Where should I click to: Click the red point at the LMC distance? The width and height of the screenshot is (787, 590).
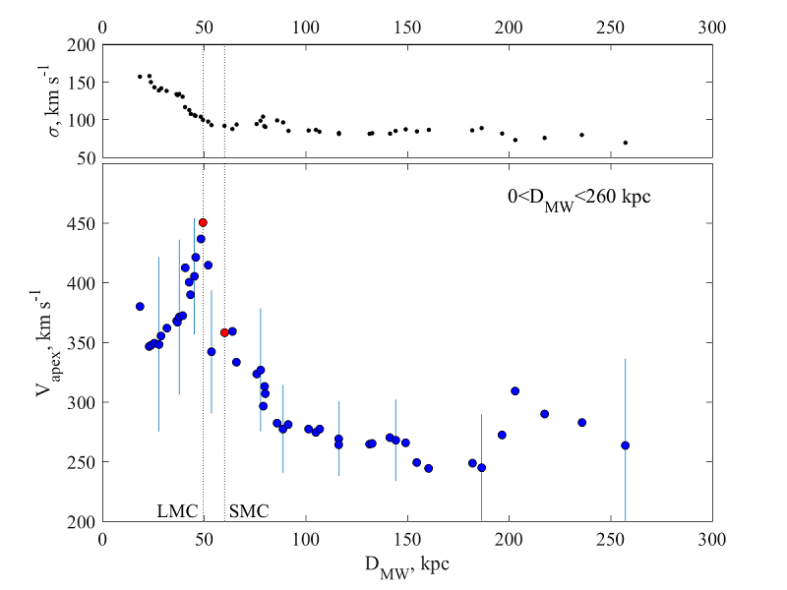point(203,222)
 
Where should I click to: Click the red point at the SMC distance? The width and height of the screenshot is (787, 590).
point(224,332)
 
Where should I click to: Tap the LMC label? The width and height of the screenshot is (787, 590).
point(178,511)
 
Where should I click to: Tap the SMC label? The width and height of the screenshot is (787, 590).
point(249,511)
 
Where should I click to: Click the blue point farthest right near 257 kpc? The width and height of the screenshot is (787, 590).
point(625,445)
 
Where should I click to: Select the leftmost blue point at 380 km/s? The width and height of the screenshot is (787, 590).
point(140,307)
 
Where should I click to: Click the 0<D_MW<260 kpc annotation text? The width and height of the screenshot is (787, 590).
point(574,198)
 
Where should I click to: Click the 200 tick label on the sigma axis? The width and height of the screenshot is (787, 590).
point(82,45)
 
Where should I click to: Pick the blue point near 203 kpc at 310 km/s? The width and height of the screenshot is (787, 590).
point(515,390)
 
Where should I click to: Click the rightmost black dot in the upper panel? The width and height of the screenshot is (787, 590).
point(625,143)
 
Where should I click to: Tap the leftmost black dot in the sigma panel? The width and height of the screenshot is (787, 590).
point(140,76)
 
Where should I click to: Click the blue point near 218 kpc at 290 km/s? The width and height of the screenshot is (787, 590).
point(544,414)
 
